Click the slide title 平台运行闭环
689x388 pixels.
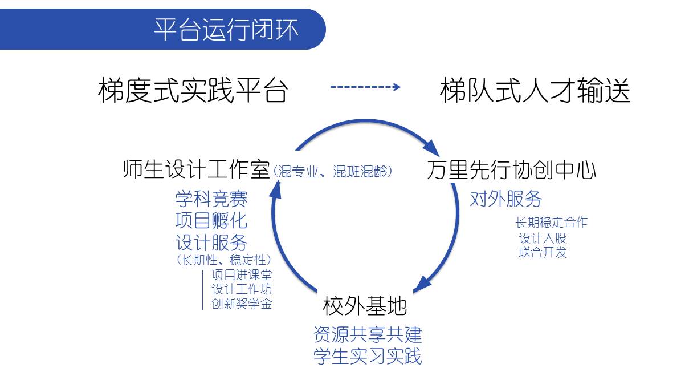click(x=226, y=30)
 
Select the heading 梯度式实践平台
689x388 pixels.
click(x=193, y=90)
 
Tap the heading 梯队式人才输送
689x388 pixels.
click(x=535, y=90)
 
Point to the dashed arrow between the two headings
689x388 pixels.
click(x=365, y=87)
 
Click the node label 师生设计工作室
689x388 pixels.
click(x=196, y=169)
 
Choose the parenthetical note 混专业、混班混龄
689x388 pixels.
click(x=332, y=172)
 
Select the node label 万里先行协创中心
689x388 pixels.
click(x=511, y=169)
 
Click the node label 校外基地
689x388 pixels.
click(x=365, y=306)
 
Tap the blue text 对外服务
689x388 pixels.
click(x=506, y=199)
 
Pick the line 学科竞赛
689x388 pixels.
click(x=211, y=199)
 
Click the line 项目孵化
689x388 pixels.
click(x=211, y=220)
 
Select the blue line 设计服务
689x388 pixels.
click(x=211, y=242)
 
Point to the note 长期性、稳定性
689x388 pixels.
click(x=224, y=260)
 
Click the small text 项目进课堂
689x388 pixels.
click(x=242, y=274)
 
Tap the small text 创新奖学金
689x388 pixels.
click(x=242, y=304)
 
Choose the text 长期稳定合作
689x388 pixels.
click(x=552, y=223)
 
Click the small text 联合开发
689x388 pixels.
click(x=543, y=253)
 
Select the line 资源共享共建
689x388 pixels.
click(x=368, y=334)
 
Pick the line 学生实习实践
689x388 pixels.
click(x=368, y=356)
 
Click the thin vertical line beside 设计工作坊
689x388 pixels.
click(x=203, y=290)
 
